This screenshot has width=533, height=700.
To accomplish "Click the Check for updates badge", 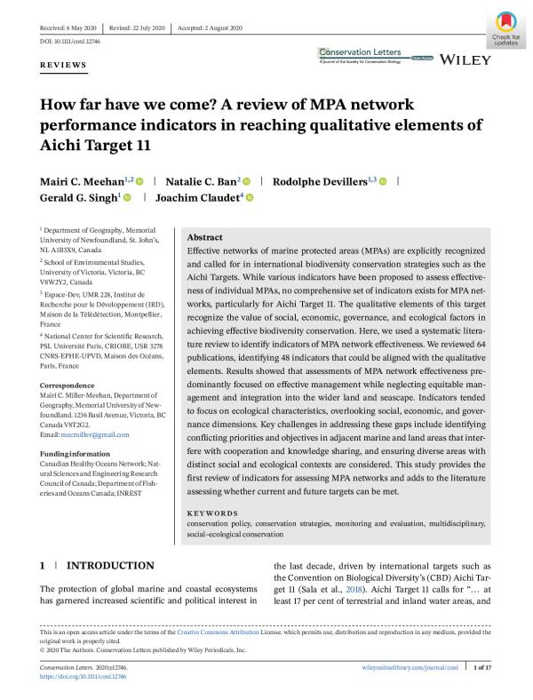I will [x=504, y=27].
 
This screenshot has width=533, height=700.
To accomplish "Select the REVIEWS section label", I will [x=63, y=66].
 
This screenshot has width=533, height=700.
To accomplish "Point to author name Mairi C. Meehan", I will [x=82, y=181].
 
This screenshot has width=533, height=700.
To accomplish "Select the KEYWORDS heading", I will [x=212, y=513].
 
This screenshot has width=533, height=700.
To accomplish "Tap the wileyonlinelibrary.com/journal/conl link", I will [x=404, y=666].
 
